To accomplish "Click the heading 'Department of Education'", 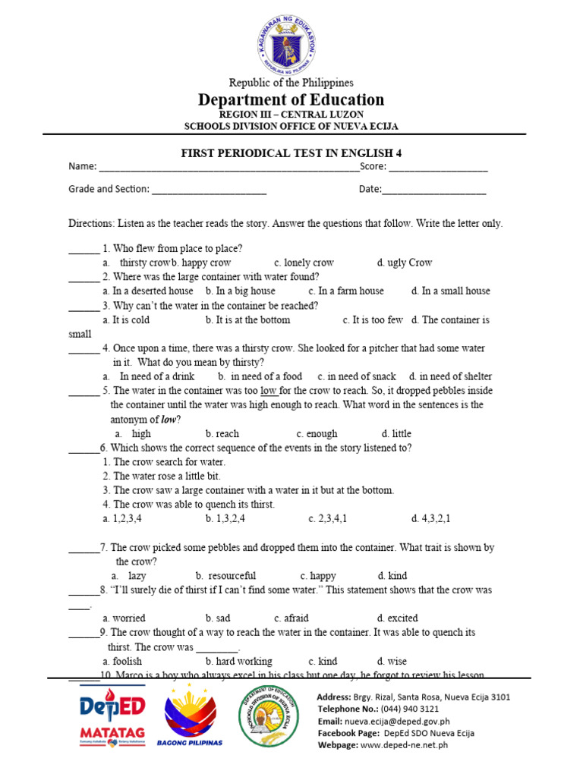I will pyautogui.click(x=291, y=100).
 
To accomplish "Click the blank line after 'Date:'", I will pyautogui.click(x=433, y=190).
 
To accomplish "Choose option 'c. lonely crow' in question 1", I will pyautogui.click(x=304, y=263).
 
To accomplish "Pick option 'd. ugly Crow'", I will pyautogui.click(x=404, y=263).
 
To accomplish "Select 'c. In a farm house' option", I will pyautogui.click(x=346, y=291).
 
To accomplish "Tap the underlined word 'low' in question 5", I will pyautogui.click(x=269, y=391).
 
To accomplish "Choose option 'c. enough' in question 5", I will pyautogui.click(x=317, y=434).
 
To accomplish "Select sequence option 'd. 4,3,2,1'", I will pyautogui.click(x=430, y=519).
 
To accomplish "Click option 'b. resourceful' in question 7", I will pyautogui.click(x=225, y=576).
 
